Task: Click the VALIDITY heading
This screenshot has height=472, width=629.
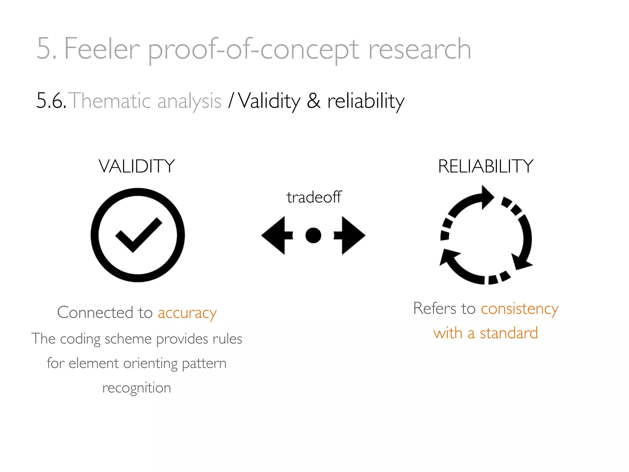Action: [x=137, y=166]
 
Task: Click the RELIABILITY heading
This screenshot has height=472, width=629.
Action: [x=486, y=166]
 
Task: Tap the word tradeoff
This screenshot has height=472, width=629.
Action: [x=314, y=197]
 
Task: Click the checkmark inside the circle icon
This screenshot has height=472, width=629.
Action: [x=138, y=234]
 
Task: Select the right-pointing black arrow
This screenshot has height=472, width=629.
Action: [x=351, y=235]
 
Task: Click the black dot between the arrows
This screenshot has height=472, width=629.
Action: [x=313, y=235]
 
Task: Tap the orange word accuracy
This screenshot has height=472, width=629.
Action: [x=187, y=313]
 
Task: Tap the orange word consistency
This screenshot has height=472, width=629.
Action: [x=520, y=309]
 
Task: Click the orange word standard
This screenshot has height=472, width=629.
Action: [x=509, y=333]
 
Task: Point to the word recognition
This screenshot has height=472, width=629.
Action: [x=137, y=388]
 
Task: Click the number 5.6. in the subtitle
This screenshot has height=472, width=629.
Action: [x=51, y=100]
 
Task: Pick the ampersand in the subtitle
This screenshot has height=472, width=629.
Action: [x=314, y=100]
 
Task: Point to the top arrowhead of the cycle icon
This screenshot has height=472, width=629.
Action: [x=487, y=197]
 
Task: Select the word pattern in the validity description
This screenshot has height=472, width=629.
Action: [x=204, y=364]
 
